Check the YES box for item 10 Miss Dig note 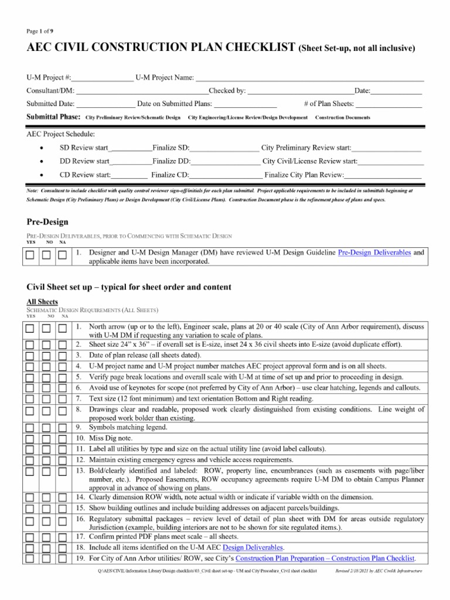31,438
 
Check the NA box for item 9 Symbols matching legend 62,427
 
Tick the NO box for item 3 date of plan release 47,355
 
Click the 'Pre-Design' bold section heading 47,222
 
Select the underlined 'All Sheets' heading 43,301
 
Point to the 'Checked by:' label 227,91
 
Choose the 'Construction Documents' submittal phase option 343,118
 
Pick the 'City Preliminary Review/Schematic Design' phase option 133,118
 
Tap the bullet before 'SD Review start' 40,147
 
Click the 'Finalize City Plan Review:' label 304,175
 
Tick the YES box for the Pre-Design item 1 31,255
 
